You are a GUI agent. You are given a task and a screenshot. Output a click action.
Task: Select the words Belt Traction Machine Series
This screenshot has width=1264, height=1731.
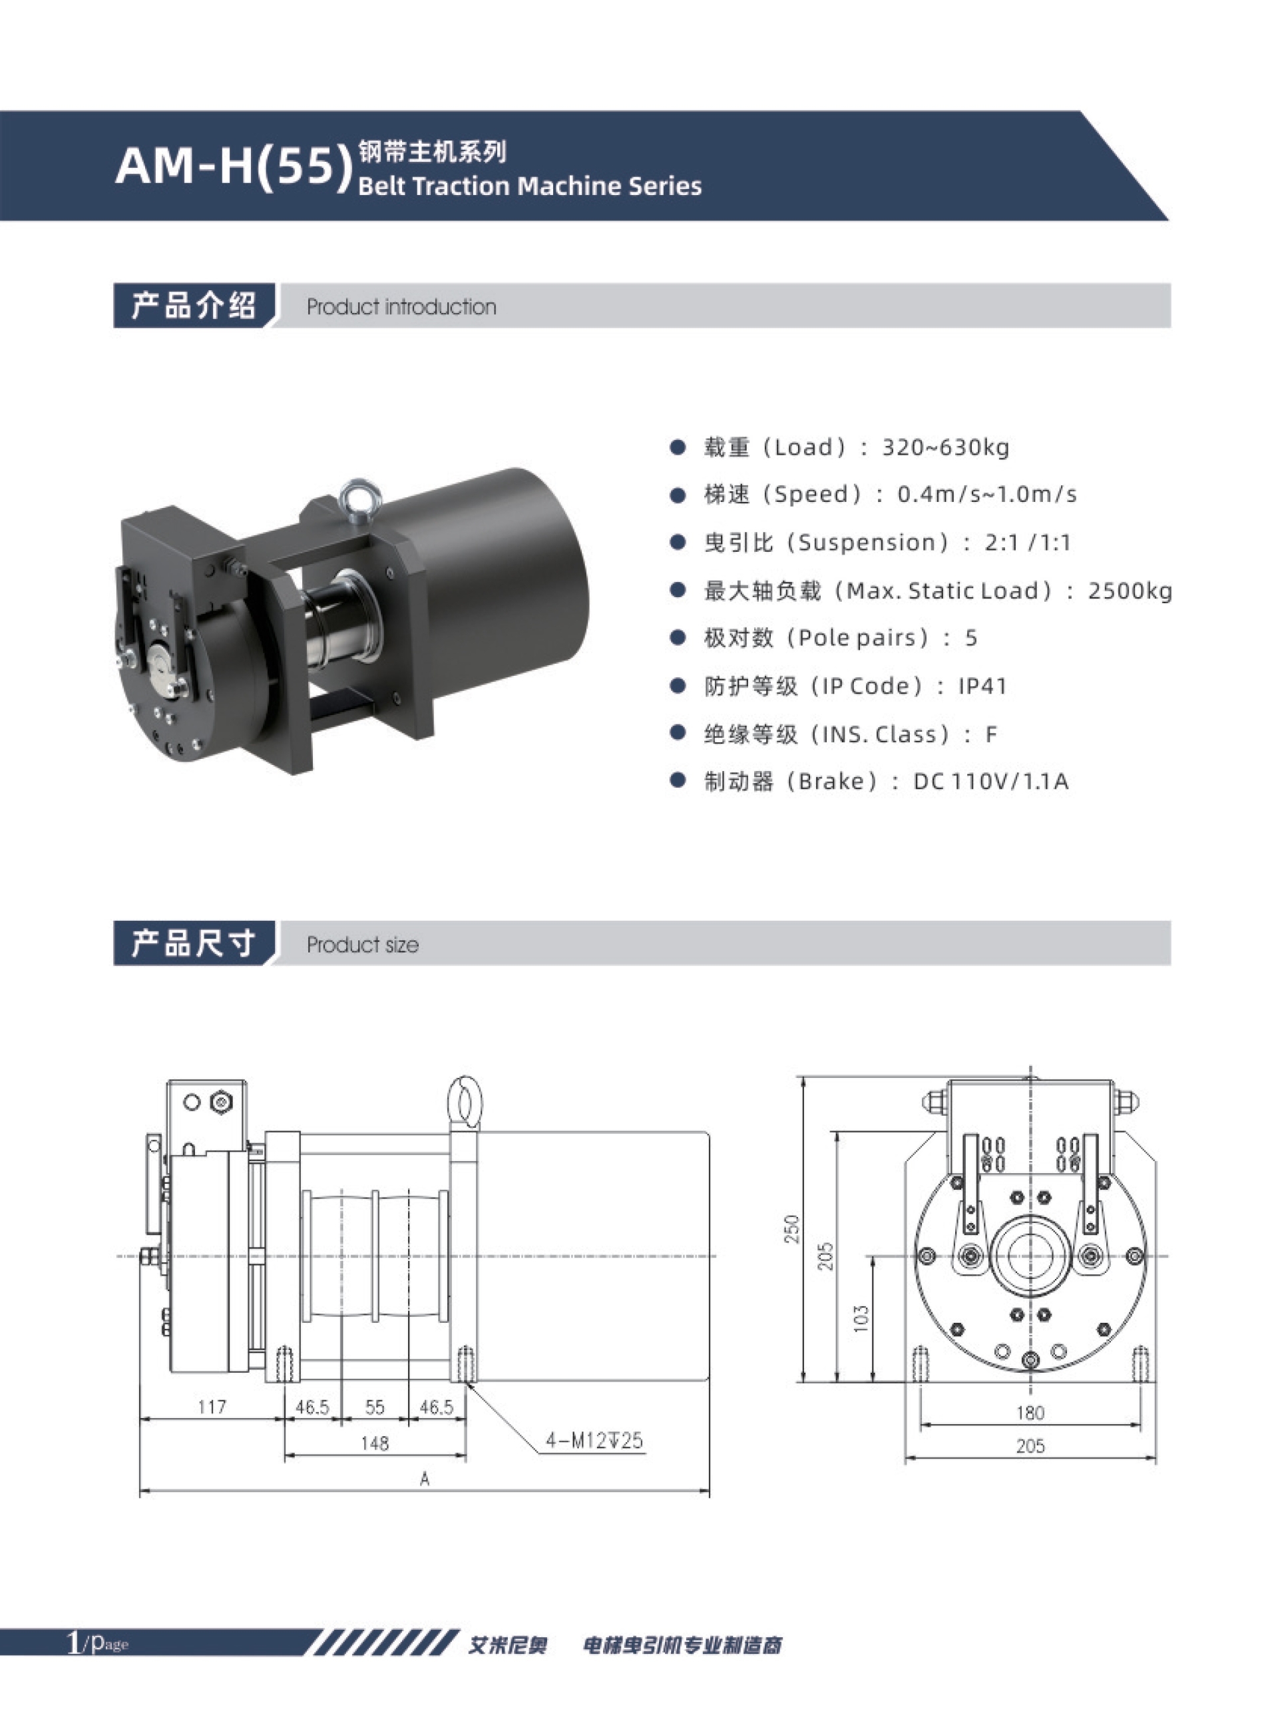click(x=529, y=186)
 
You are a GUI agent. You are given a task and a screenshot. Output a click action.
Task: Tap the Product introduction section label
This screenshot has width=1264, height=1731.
click(x=401, y=307)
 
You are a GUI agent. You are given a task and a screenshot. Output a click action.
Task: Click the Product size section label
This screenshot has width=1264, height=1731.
click(x=362, y=944)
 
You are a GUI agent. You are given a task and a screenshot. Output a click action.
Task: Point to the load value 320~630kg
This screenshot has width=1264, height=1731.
click(x=946, y=447)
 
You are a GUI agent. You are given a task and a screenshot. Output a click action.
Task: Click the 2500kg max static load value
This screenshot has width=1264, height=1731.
click(x=1130, y=591)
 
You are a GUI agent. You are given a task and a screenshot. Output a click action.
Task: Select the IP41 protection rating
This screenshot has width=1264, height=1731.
click(x=982, y=686)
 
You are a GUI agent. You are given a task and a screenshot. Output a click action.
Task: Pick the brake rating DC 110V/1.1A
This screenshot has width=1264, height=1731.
click(x=991, y=782)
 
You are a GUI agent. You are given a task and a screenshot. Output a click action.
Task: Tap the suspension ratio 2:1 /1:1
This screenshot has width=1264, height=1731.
click(x=1028, y=543)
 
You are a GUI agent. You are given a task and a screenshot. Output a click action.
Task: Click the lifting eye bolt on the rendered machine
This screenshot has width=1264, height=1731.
click(x=357, y=499)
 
